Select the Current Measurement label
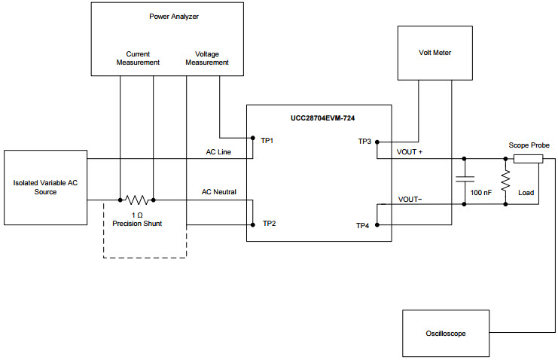point(138,58)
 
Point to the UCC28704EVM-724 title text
point(319,119)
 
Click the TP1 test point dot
point(253,139)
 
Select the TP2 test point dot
point(253,224)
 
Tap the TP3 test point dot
point(377,142)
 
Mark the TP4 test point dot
point(377,224)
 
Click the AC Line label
point(218,152)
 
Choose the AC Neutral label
point(218,192)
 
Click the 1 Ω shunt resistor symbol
point(136,200)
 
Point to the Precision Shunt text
point(136,224)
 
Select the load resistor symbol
point(505,181)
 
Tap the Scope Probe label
point(529,145)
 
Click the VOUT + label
point(410,152)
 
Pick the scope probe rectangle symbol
point(527,159)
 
